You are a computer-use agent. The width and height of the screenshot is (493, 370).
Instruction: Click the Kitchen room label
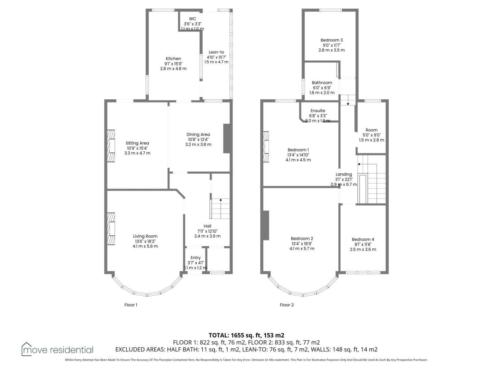(173, 59)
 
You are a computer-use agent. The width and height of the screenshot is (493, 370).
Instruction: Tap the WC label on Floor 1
(192, 19)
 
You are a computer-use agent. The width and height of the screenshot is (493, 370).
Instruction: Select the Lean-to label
(216, 52)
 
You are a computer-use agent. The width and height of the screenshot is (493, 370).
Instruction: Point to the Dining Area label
(198, 134)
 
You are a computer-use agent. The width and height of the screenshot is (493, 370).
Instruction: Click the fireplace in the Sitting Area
(111, 146)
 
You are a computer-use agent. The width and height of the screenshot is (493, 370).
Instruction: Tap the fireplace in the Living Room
(111, 229)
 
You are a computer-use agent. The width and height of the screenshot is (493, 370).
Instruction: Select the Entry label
(195, 258)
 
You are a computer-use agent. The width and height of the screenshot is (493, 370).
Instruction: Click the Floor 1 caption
(131, 305)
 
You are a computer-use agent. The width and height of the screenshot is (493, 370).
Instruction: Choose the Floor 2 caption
(287, 305)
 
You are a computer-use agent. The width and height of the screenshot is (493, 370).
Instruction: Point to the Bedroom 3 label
(331, 40)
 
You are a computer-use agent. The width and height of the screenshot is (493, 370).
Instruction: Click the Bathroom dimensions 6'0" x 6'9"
(322, 88)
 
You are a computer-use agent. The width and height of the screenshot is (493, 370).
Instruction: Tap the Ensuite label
(318, 111)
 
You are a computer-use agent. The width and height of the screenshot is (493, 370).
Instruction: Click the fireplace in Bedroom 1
(266, 147)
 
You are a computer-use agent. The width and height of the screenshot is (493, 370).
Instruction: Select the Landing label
(344, 174)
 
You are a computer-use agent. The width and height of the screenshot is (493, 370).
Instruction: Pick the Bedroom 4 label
(363, 239)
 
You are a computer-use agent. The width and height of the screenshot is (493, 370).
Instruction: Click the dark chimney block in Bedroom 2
(266, 225)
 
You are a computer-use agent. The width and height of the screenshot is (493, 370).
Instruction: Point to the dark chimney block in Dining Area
(226, 139)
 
